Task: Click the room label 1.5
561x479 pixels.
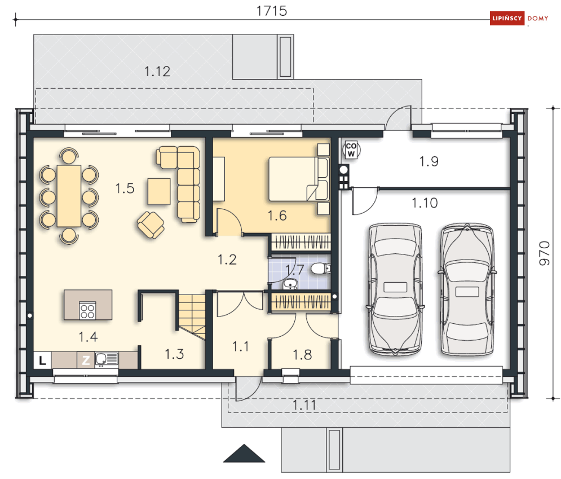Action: tap(125, 188)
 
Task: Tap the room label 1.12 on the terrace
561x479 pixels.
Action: tap(157, 72)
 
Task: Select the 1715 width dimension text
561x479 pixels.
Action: tap(272, 11)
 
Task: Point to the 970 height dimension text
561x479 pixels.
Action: tap(544, 253)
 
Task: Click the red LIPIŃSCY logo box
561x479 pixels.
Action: tap(507, 18)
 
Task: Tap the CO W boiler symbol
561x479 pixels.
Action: tap(351, 150)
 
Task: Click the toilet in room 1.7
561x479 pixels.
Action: tap(321, 268)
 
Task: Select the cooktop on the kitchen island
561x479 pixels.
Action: tap(87, 310)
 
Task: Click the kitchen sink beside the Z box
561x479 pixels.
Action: tap(107, 359)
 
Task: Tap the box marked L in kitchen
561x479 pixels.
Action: tap(43, 360)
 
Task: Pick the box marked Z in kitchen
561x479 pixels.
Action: tap(86, 360)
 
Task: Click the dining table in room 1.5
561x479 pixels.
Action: tap(69, 196)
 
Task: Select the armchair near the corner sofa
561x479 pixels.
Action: tap(151, 225)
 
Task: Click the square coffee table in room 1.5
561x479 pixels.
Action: tap(159, 191)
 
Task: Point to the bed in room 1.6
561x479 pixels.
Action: tap(299, 179)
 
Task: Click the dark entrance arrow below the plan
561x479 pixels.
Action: tap(244, 454)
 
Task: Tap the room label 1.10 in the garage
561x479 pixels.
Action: tap(425, 203)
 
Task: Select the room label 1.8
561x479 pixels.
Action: tap(302, 355)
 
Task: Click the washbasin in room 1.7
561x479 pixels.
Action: tap(290, 284)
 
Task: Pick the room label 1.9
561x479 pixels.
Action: tap(429, 161)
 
